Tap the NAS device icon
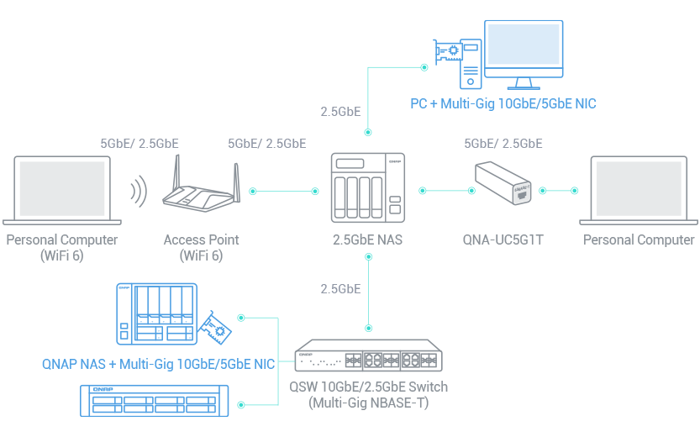(368, 187)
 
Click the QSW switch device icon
(368, 356)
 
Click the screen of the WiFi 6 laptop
(63, 187)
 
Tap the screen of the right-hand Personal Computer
(637, 188)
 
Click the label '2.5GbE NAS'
(368, 240)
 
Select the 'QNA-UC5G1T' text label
(503, 240)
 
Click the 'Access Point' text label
(202, 240)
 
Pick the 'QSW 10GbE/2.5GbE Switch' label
(369, 387)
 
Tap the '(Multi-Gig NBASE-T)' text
(369, 403)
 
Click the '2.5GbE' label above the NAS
(340, 111)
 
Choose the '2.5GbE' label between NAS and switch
(340, 289)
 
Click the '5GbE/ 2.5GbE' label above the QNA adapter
(503, 144)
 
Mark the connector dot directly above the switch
(368, 327)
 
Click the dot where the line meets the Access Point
(253, 192)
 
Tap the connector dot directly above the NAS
(368, 132)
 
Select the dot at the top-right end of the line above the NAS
(424, 66)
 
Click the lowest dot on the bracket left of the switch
(241, 405)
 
